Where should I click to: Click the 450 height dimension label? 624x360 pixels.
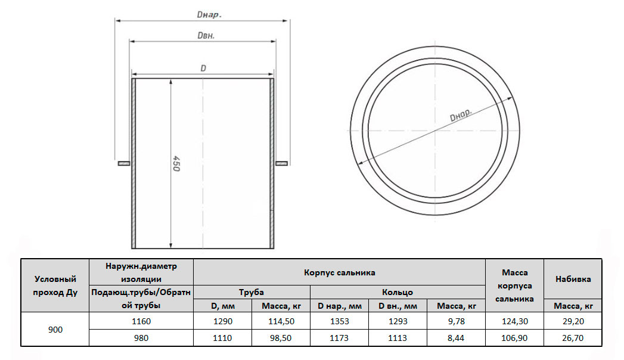(x=176, y=163)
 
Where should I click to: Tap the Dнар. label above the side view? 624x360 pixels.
(x=209, y=15)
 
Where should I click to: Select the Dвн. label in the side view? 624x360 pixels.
(x=206, y=35)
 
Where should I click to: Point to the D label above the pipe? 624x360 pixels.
(x=203, y=69)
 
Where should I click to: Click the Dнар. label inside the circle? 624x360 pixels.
(x=461, y=115)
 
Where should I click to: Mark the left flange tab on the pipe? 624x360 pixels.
(x=124, y=163)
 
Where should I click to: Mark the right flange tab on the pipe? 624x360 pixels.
(x=281, y=163)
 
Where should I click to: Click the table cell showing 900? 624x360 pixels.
(x=55, y=330)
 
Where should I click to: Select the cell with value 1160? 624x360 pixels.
(x=141, y=321)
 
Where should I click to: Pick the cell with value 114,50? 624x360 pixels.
(x=281, y=321)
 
